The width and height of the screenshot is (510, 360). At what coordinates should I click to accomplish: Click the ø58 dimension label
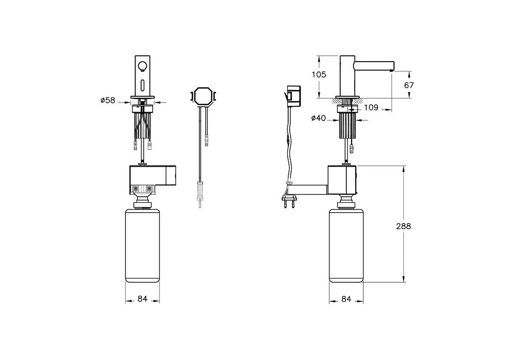click(x=108, y=101)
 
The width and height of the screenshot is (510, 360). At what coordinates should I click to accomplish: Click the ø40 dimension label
click(x=318, y=119)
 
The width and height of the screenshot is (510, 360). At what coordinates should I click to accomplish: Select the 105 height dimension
click(x=318, y=75)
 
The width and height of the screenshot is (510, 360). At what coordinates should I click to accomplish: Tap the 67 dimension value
click(x=409, y=85)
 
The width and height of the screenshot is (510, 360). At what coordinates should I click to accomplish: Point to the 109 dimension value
click(x=371, y=108)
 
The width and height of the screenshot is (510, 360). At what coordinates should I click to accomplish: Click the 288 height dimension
click(x=403, y=226)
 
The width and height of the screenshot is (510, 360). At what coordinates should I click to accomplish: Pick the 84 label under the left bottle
click(x=142, y=299)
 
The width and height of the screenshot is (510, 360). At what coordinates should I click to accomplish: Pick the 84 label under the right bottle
click(x=346, y=299)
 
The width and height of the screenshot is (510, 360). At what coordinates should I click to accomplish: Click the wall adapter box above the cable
click(x=294, y=95)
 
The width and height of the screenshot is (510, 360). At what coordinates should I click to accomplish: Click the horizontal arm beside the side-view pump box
click(x=308, y=190)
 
